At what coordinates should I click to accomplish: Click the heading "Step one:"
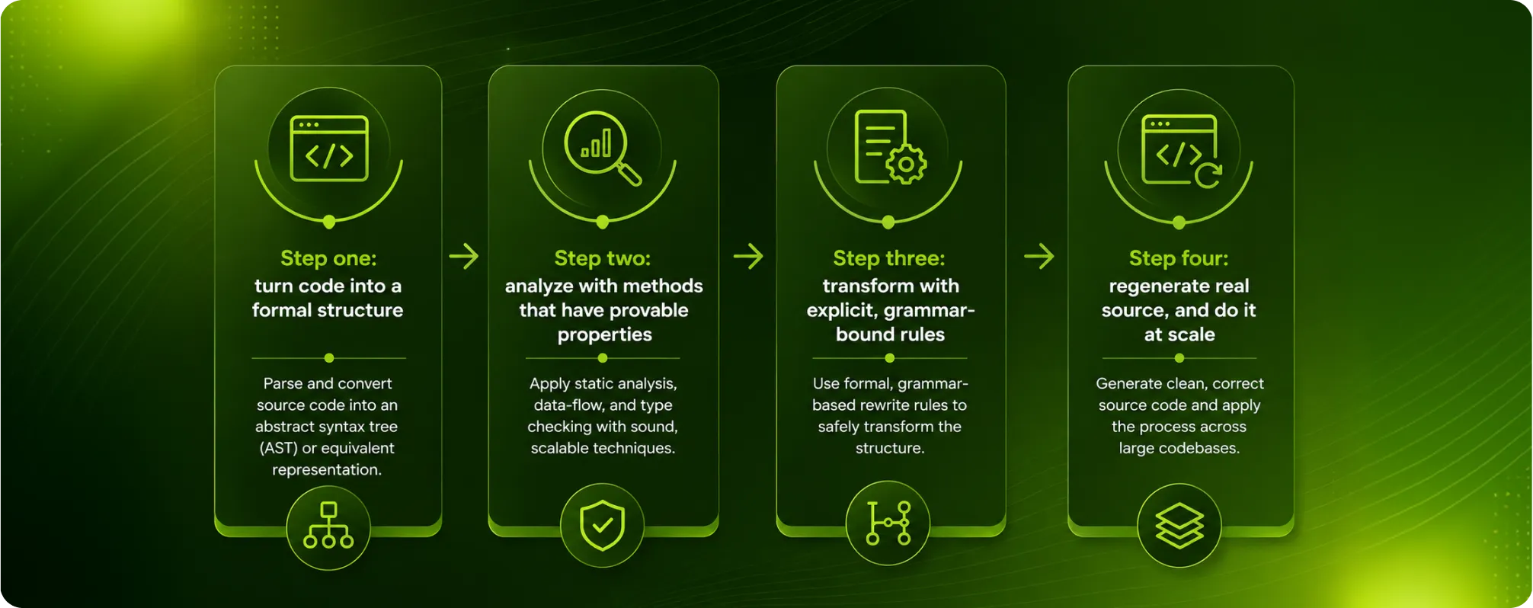click(x=328, y=258)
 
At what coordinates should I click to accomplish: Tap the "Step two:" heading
click(x=603, y=258)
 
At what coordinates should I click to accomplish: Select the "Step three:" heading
click(x=889, y=258)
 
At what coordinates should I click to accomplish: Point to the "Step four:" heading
click(x=1179, y=258)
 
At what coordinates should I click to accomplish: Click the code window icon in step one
click(x=329, y=149)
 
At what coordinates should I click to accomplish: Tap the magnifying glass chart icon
click(x=603, y=149)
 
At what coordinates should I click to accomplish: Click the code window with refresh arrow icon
click(x=1181, y=150)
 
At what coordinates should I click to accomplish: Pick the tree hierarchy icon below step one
click(x=328, y=525)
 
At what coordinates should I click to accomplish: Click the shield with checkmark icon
click(x=602, y=525)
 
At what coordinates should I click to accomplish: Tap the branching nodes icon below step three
click(x=888, y=523)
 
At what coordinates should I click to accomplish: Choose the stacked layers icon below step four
click(x=1179, y=526)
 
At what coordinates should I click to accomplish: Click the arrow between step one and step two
click(x=464, y=256)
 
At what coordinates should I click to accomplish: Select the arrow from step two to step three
click(x=748, y=256)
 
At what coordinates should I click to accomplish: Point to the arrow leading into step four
click(x=1039, y=256)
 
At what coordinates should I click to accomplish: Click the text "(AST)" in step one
click(x=278, y=448)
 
